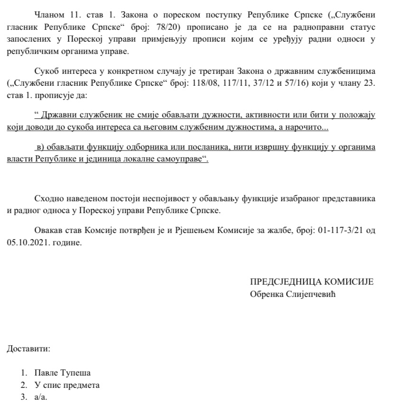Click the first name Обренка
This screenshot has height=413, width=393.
tap(266, 294)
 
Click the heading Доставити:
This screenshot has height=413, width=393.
tap(28, 350)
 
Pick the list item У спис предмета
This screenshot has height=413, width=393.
tap(67, 385)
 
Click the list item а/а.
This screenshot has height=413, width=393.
tap(41, 397)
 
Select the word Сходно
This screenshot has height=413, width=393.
tap(48, 198)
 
